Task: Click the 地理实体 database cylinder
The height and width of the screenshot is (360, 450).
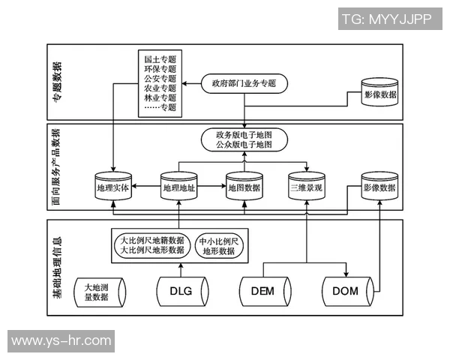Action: tap(112, 186)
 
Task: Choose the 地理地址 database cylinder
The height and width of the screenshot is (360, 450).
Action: tap(178, 186)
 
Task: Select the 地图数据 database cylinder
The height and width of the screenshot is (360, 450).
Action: tap(244, 186)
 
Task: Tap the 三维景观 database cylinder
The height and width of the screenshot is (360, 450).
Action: tap(307, 186)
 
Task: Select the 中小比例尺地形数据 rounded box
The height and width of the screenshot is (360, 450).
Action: tap(218, 246)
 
